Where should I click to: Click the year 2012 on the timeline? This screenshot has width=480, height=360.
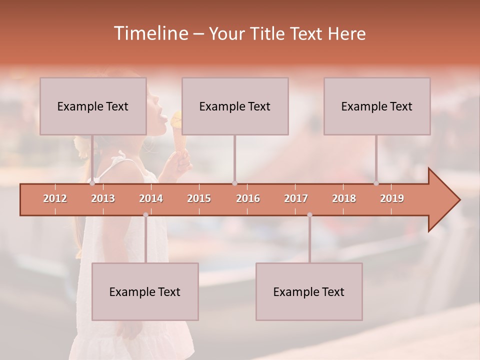55,198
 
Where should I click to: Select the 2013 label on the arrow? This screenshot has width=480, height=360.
103,198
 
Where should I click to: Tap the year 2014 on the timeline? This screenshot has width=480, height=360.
151,198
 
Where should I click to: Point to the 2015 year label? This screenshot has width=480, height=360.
199,198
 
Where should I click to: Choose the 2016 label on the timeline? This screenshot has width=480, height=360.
248,198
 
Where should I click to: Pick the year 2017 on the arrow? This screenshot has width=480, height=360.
296,198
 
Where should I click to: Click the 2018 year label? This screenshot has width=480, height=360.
344,198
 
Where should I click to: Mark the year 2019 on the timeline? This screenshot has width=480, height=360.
392,198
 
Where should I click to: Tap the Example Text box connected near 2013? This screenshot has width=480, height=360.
93,106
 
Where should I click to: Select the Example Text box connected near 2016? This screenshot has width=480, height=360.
235,106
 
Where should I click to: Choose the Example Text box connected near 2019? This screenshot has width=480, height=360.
377,106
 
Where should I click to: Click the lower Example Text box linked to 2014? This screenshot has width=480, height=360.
145,292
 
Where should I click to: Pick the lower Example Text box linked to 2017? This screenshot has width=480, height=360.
309,292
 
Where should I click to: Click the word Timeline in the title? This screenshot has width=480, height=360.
150,33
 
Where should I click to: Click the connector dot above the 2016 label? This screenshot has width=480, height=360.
234,183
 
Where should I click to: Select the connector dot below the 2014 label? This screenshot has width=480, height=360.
145,215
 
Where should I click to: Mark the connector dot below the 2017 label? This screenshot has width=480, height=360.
309,215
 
